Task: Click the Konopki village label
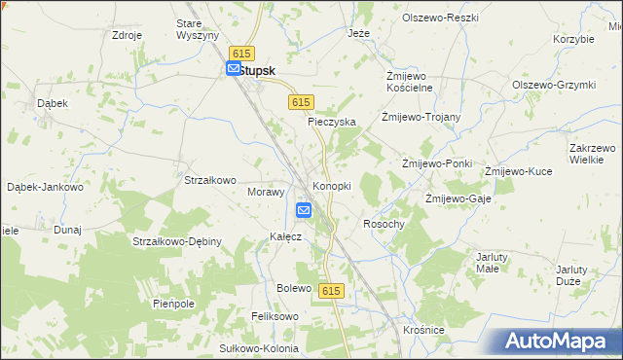(331, 186)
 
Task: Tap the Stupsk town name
(257, 70)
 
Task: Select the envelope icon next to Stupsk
(234, 68)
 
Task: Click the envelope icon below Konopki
(304, 209)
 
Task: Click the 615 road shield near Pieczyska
(300, 102)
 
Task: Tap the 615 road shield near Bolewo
(331, 291)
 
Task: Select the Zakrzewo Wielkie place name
(591, 154)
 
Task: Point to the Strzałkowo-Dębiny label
(178, 241)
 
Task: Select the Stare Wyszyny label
(194, 28)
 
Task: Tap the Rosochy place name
(383, 224)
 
